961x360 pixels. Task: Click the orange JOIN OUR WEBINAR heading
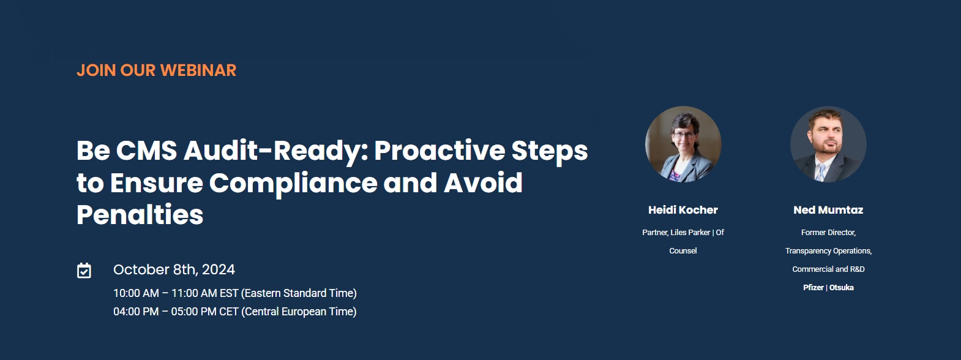click(156, 70)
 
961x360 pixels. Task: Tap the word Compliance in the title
click(293, 183)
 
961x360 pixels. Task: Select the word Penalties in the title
click(140, 214)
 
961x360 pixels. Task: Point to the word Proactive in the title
click(439, 151)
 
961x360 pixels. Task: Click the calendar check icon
click(84, 271)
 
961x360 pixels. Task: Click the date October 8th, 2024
click(174, 269)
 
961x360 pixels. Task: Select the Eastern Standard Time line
click(234, 293)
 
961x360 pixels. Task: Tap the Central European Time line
click(234, 312)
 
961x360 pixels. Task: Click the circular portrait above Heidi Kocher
click(683, 144)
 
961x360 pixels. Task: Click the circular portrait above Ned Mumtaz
click(828, 144)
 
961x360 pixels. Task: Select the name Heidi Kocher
click(683, 210)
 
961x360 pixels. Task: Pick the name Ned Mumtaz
click(828, 210)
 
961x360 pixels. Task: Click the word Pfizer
click(813, 288)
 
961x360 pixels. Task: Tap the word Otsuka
click(841, 288)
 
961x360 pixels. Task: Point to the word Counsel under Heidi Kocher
click(683, 250)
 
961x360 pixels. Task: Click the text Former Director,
click(828, 233)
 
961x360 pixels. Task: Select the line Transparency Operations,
click(828, 251)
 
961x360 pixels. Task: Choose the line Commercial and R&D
click(828, 269)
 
